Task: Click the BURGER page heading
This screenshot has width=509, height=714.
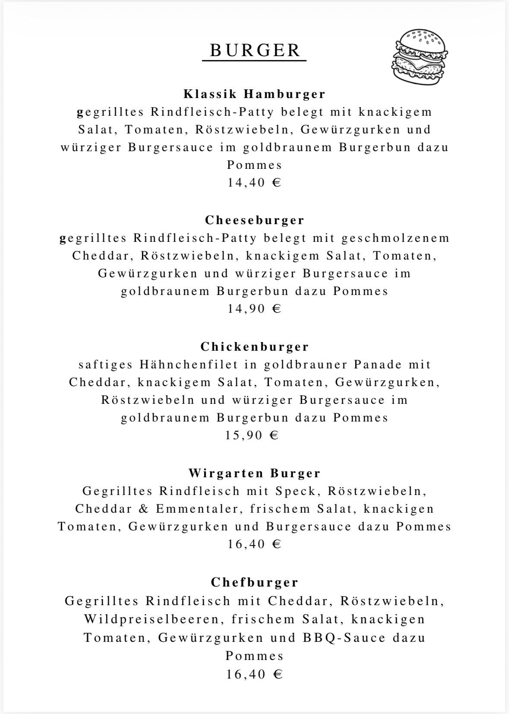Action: (x=255, y=50)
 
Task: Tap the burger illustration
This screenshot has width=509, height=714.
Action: (x=421, y=55)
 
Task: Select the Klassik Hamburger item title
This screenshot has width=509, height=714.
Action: (x=255, y=94)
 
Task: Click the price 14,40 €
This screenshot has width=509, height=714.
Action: (x=255, y=182)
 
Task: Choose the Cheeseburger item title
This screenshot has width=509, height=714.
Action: (x=255, y=220)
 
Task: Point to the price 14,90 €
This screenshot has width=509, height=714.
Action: (x=255, y=309)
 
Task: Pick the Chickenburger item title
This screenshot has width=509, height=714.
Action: (x=255, y=347)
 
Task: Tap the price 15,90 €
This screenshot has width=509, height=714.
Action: (x=252, y=435)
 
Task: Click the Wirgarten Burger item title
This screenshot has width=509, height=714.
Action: (x=255, y=473)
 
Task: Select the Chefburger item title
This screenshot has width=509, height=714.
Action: (x=255, y=583)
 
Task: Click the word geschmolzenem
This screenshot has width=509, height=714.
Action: (x=395, y=238)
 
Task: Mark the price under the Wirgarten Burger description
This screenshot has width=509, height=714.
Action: (x=255, y=544)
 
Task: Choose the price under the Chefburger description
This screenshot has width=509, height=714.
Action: (x=255, y=674)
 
